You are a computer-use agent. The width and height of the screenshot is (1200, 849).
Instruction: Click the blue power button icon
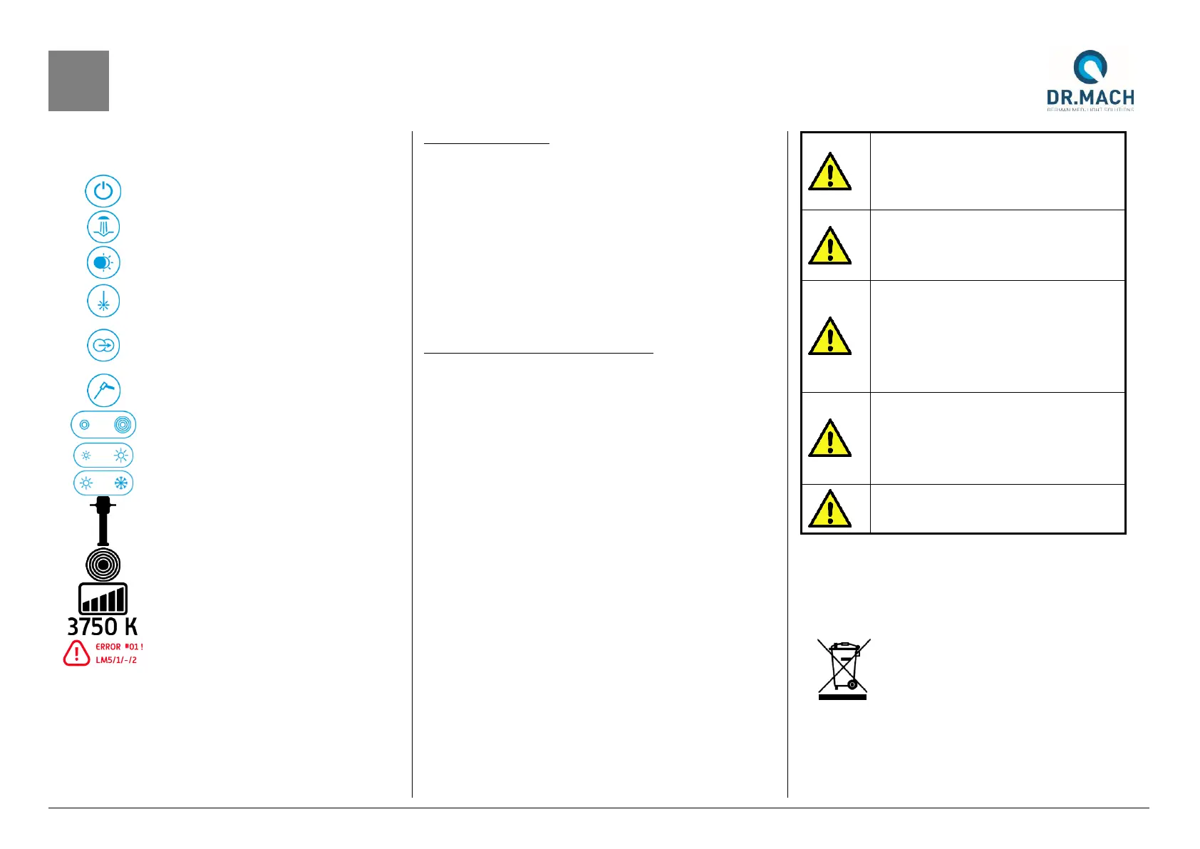(x=103, y=191)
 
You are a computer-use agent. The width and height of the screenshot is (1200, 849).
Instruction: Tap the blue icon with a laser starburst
(x=103, y=302)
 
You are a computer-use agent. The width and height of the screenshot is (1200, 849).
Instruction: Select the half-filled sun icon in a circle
(x=103, y=263)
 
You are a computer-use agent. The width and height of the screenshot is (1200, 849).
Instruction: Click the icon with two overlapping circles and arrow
(x=103, y=346)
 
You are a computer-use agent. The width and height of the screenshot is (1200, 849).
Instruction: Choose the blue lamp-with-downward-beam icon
(x=103, y=227)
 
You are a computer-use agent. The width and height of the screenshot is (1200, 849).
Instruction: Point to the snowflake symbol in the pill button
(x=121, y=483)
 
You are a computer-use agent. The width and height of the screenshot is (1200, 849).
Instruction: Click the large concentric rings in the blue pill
(x=123, y=425)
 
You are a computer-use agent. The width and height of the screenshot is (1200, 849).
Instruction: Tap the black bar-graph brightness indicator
(x=103, y=599)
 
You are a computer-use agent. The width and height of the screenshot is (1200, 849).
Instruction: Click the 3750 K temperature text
(x=102, y=627)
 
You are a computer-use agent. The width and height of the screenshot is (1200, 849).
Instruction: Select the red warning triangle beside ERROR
(x=76, y=653)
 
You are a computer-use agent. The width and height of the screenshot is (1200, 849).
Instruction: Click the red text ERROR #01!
(x=119, y=647)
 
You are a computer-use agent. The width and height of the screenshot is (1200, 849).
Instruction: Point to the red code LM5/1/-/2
(x=116, y=660)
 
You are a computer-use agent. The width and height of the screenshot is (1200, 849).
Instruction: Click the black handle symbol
(x=103, y=521)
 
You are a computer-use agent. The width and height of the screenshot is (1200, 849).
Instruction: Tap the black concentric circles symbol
(x=103, y=565)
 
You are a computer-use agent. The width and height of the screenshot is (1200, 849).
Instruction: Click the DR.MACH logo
(x=1090, y=80)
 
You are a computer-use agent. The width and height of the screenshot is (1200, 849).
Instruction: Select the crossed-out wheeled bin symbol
(x=843, y=669)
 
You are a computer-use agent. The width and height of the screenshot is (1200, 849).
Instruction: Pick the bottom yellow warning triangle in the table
(x=829, y=509)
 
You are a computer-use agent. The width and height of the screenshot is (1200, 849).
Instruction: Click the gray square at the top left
(x=78, y=81)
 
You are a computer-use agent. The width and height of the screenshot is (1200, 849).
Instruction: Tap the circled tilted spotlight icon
(x=103, y=391)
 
